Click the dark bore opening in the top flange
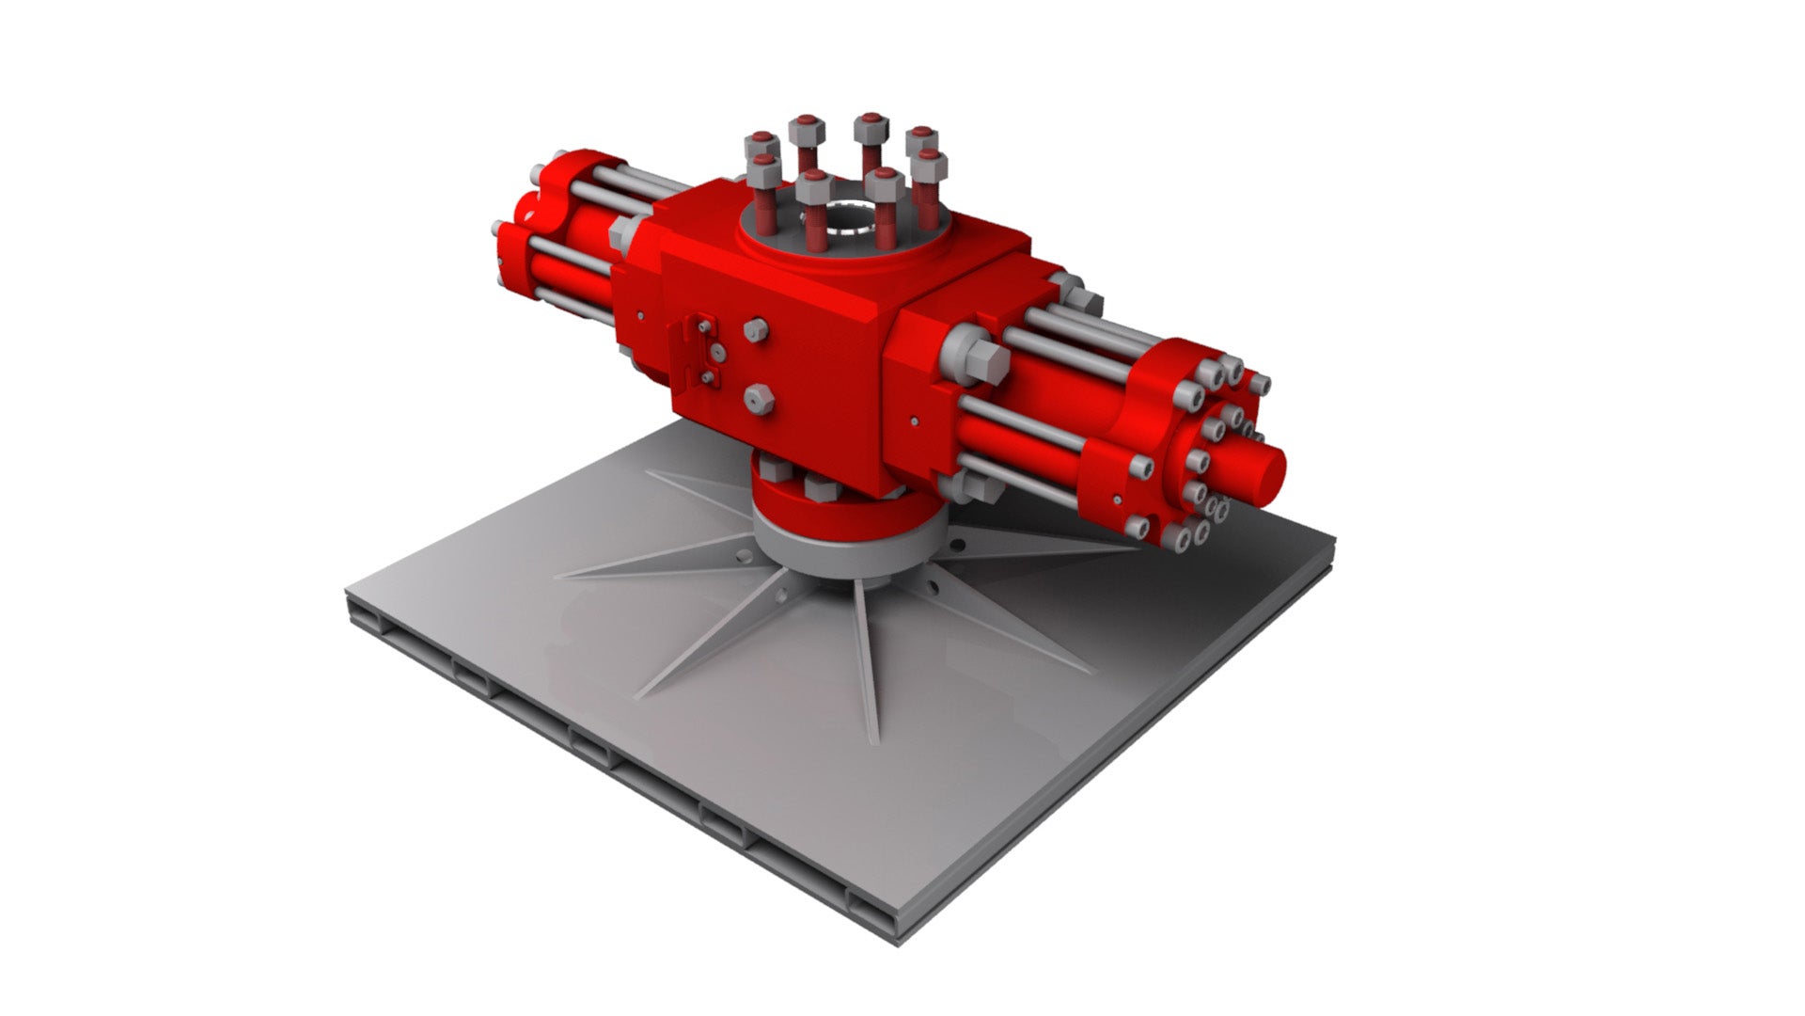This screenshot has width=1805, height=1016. pyautogui.click(x=843, y=218)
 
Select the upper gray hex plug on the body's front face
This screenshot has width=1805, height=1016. pyautogui.click(x=755, y=329)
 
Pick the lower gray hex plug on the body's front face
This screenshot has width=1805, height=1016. pyautogui.click(x=758, y=399)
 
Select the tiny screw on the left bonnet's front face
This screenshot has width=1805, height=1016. pyautogui.click(x=639, y=316)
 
